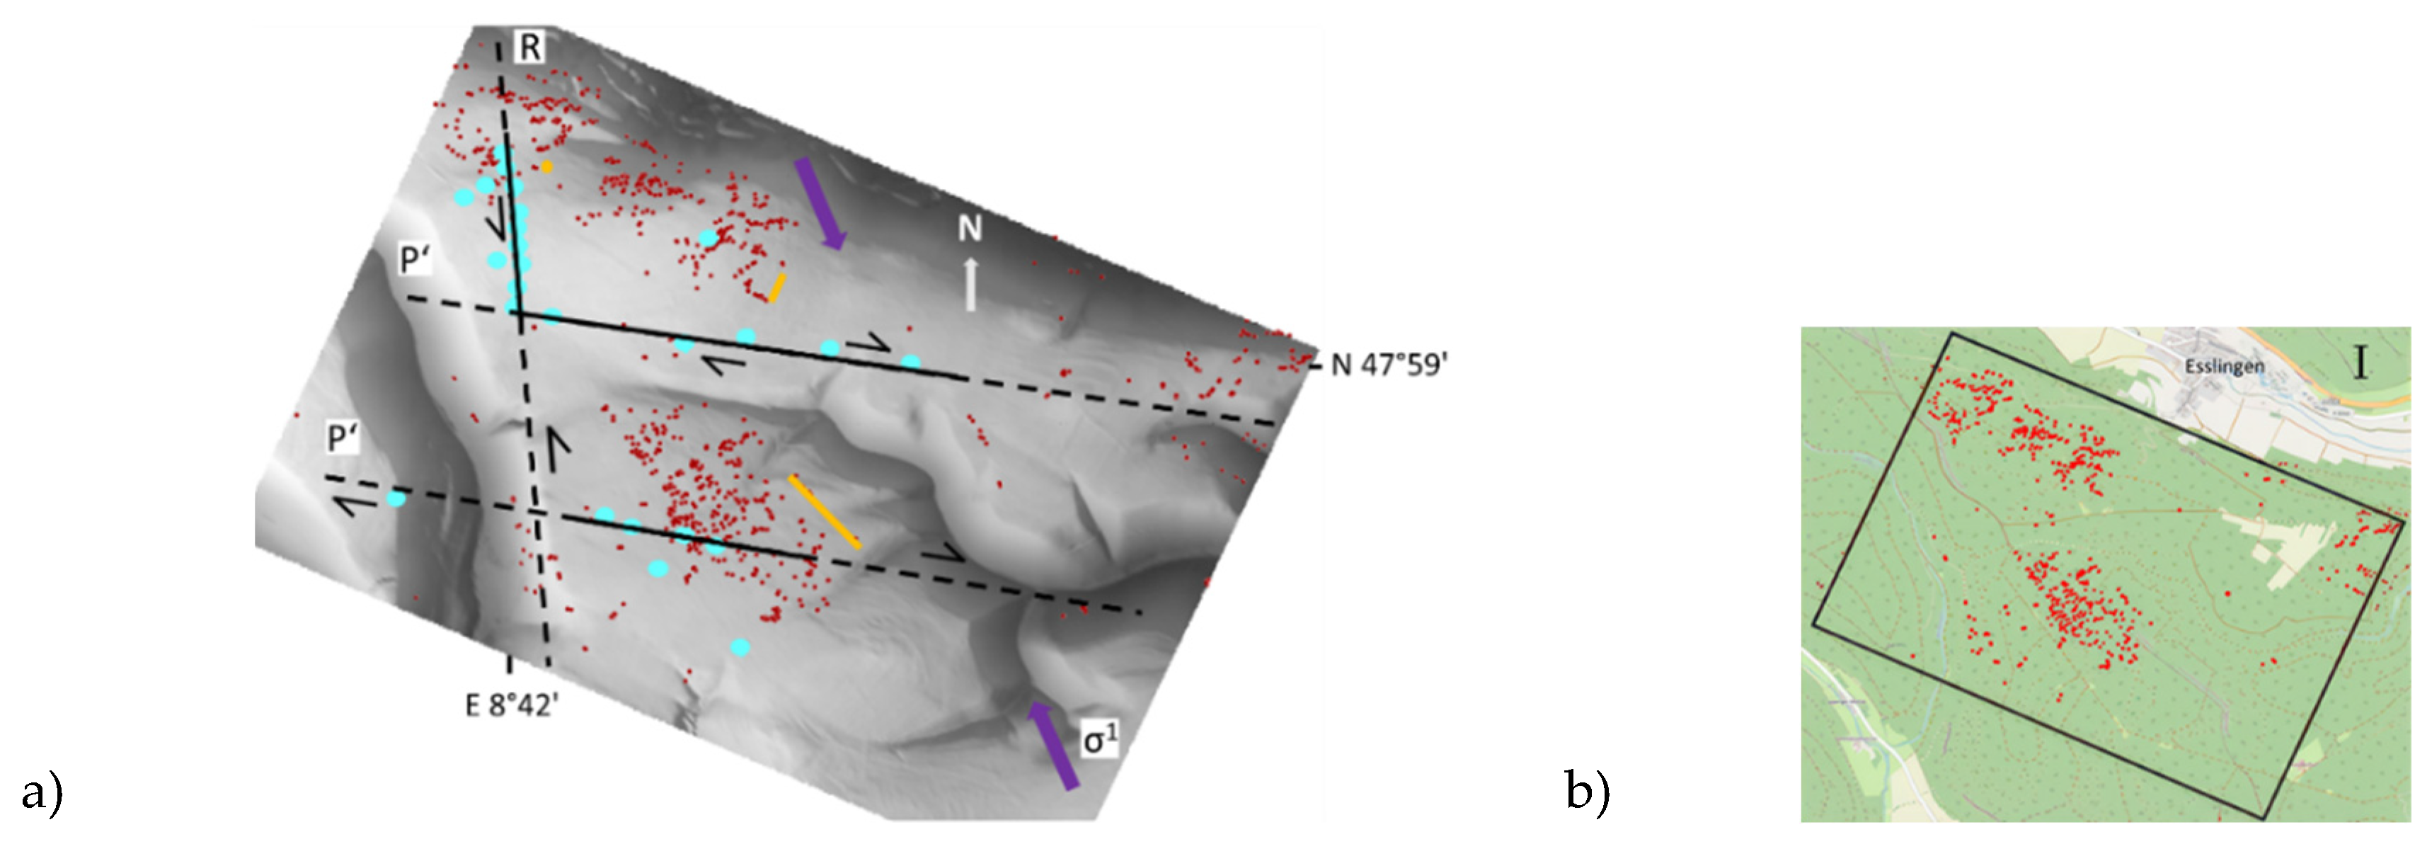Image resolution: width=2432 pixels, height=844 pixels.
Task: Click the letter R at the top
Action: [531, 46]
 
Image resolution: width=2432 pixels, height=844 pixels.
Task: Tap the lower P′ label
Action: [343, 438]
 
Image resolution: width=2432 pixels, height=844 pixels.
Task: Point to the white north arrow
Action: [970, 285]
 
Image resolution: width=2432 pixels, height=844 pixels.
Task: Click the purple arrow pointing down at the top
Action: [818, 204]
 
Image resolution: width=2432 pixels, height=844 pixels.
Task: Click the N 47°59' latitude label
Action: [1389, 365]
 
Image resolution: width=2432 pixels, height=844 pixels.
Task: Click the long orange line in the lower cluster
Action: [824, 512]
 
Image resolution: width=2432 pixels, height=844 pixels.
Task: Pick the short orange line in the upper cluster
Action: [776, 289]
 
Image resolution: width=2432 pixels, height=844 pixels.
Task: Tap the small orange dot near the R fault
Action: [546, 167]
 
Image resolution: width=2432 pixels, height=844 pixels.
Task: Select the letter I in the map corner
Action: [2361, 362]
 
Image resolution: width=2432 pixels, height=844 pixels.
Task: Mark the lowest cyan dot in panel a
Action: [741, 648]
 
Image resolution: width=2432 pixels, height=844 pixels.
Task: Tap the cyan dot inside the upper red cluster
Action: [708, 238]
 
